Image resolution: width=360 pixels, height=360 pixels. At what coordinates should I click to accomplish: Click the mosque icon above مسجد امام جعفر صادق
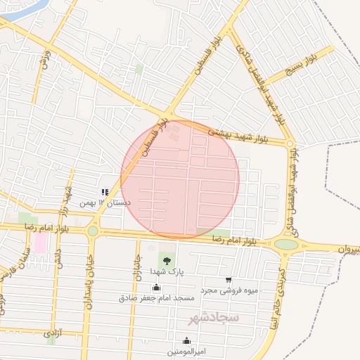tap(156, 288)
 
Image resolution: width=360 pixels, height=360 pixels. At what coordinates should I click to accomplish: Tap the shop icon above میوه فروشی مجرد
tap(229, 280)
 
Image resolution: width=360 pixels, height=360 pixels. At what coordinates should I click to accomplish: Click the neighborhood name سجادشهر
tap(214, 319)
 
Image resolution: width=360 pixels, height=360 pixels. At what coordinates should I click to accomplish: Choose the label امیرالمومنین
tap(186, 349)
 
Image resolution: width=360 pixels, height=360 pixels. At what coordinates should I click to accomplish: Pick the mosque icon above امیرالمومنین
tap(186, 340)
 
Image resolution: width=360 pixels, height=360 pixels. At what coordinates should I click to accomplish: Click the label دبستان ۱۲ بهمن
tap(96, 202)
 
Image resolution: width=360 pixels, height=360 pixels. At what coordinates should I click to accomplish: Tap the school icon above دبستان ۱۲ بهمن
tap(105, 192)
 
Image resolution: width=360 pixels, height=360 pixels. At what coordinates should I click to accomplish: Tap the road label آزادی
tap(53, 330)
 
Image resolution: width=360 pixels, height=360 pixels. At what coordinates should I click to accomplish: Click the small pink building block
tap(40, 243)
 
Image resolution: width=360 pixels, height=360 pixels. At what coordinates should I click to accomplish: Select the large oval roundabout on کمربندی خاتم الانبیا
tap(286, 244)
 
